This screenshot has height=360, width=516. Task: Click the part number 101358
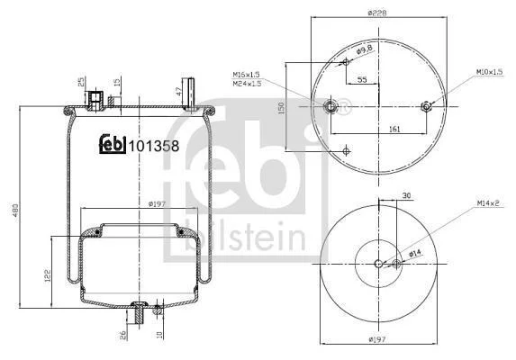(x=154, y=146)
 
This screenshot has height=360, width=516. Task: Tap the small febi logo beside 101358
(x=113, y=144)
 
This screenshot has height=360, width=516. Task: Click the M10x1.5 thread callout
(x=489, y=72)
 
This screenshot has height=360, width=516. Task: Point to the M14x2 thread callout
(x=488, y=203)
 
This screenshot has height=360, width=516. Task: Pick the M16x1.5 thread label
(x=246, y=75)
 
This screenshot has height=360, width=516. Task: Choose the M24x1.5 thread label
(x=247, y=84)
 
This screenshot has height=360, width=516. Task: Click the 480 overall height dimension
(x=15, y=211)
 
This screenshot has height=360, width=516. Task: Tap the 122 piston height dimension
(x=48, y=275)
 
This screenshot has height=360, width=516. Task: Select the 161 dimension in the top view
(x=394, y=129)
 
